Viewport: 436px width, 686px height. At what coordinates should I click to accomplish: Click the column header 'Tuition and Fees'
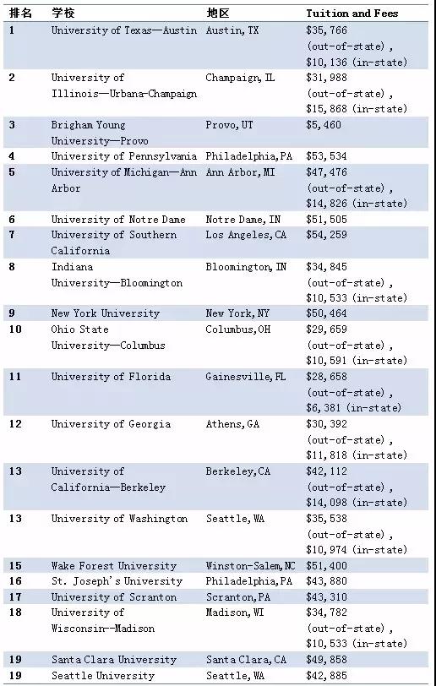tap(352, 14)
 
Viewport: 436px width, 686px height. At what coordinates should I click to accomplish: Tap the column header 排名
tap(20, 14)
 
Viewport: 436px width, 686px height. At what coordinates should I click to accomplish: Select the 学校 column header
tap(63, 14)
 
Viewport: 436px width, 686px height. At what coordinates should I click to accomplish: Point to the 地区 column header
tap(217, 14)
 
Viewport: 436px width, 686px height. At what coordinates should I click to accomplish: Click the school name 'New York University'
tap(106, 313)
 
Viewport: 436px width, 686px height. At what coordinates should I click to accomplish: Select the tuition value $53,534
tap(326, 156)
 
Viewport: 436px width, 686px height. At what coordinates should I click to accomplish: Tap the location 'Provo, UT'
tap(229, 125)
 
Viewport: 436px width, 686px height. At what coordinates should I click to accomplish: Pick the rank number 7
tap(12, 235)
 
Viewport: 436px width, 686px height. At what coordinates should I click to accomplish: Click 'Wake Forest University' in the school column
tap(114, 566)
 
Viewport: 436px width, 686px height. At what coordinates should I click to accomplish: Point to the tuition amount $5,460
tap(324, 125)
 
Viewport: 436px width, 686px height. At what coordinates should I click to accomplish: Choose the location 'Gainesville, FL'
tap(246, 377)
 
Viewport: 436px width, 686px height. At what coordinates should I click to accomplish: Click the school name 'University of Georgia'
tap(111, 424)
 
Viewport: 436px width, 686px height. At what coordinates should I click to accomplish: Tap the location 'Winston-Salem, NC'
tap(251, 566)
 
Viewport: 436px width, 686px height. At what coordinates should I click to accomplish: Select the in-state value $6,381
tap(324, 408)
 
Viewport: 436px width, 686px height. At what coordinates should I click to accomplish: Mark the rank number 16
tap(15, 581)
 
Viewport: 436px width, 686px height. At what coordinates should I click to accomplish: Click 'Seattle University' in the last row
tap(103, 676)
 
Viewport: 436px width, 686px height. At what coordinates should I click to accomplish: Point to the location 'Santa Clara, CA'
tap(246, 660)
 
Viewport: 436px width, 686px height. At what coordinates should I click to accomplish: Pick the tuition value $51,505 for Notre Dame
tap(326, 220)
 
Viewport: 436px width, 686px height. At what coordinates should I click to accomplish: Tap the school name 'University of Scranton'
tap(114, 597)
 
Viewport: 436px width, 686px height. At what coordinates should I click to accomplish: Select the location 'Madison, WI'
tap(235, 612)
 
